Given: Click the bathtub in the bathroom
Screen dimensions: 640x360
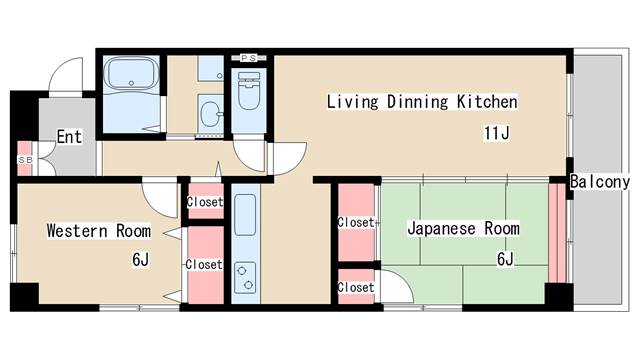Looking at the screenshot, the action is coord(131,73).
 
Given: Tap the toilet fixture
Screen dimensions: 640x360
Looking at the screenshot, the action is coord(249,91).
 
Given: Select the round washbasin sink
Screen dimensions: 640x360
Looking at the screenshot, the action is coord(211,113).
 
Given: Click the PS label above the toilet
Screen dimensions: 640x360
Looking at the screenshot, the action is coord(248,58).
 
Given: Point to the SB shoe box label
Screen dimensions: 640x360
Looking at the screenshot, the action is coord(25,160).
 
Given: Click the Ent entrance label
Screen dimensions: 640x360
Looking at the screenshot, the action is coord(69,137).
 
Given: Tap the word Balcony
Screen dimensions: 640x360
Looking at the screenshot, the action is coord(600,182).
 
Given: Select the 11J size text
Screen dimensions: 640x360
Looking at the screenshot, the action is coord(497,133).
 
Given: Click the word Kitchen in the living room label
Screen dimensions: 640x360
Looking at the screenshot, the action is coord(487,102).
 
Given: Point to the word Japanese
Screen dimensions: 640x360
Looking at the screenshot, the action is coord(442,229).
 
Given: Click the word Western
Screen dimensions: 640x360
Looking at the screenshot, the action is coord(77,231).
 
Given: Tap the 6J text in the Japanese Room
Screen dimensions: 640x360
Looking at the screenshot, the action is coord(505,259).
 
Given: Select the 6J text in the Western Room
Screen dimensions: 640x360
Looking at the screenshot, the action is coord(140,260).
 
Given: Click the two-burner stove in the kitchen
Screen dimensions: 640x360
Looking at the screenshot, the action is coord(245,278).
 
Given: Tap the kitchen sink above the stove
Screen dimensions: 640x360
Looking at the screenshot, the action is coord(245,215).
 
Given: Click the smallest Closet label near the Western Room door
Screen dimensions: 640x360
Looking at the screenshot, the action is coord(205,202).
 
